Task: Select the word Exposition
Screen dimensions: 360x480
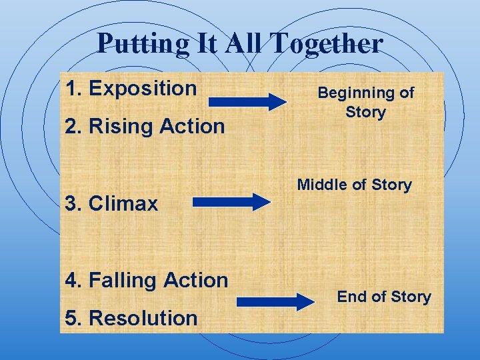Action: click(143, 88)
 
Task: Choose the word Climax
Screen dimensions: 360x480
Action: click(123, 203)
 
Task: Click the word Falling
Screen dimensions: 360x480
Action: click(123, 280)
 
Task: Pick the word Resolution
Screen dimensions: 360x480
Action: click(143, 318)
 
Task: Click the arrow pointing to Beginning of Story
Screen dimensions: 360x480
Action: click(247, 102)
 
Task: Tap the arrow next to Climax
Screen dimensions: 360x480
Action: click(231, 202)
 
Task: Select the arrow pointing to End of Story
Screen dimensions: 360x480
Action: click(276, 301)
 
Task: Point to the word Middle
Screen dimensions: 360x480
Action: click(321, 185)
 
